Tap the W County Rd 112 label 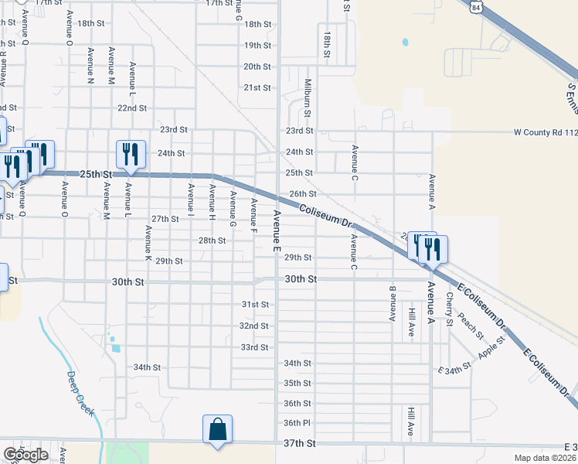pyautogui.click(x=546, y=132)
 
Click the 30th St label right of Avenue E pyautogui.click(x=301, y=278)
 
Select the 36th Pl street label pyautogui.click(x=296, y=423)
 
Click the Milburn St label pyautogui.click(x=308, y=97)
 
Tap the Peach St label pyautogui.click(x=470, y=326)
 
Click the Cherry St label pyautogui.click(x=449, y=303)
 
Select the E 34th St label pyautogui.click(x=454, y=370)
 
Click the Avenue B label pyautogui.click(x=393, y=304)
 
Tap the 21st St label pyautogui.click(x=257, y=87)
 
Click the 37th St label pyautogui.click(x=300, y=443)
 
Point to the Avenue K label pyautogui.click(x=148, y=242)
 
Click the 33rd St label pyautogui.click(x=253, y=347)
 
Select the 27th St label pyautogui.click(x=165, y=219)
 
